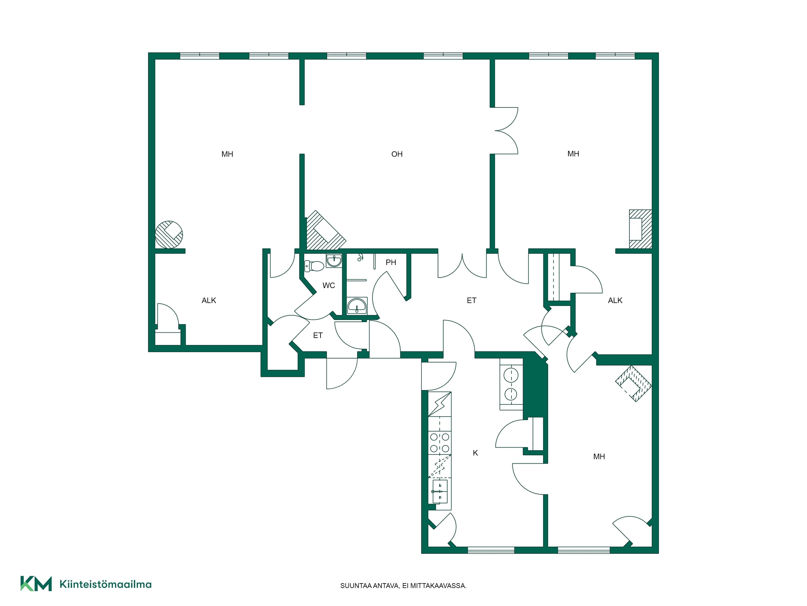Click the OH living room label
click(397, 154)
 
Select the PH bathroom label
click(391, 262)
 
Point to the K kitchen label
click(475, 453)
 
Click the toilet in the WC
click(314, 266)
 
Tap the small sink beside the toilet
click(334, 261)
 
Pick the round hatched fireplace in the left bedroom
click(169, 235)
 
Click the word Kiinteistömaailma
click(106, 584)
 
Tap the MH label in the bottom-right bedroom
click(599, 457)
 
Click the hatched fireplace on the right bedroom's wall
click(640, 229)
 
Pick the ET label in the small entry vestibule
click(318, 335)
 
